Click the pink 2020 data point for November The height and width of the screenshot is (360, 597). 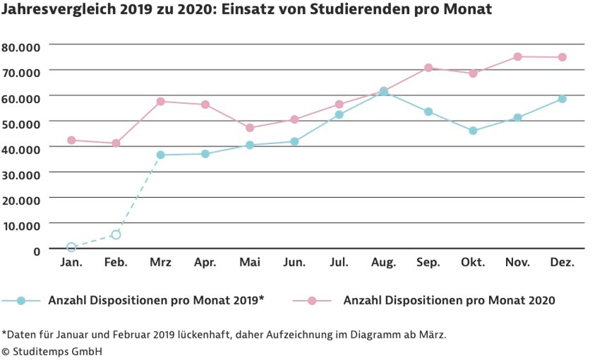point(517,57)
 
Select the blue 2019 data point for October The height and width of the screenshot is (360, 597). point(473,131)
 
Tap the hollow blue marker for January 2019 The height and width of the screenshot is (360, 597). point(71,247)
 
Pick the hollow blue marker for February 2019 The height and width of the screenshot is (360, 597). point(116,234)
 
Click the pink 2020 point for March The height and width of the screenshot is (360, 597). point(160,101)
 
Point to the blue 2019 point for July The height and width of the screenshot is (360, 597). point(339,114)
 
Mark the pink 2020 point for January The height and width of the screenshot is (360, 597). point(71,140)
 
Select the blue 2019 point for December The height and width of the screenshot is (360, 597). point(562,99)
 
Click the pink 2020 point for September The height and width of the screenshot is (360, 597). point(428,68)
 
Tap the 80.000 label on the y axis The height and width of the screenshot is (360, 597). point(21,47)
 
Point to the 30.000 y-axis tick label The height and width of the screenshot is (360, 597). point(21,174)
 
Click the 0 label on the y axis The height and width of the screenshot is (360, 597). point(36,251)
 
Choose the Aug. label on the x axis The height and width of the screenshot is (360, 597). point(383,263)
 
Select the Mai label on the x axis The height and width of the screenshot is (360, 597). point(250,263)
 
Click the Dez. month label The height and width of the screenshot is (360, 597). point(562,263)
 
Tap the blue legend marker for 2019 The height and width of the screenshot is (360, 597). point(21,301)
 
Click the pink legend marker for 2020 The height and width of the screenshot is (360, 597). point(311,301)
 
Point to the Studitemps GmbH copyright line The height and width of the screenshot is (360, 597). point(52,351)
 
